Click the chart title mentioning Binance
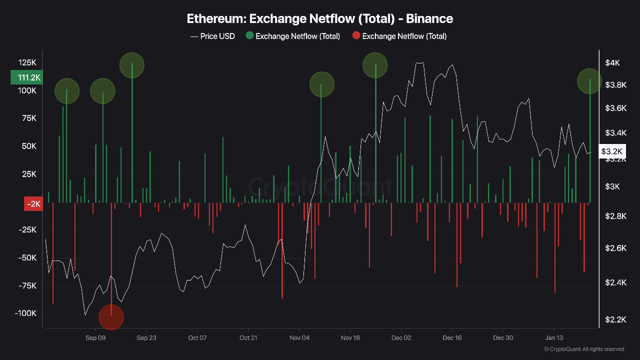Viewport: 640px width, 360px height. coord(320,19)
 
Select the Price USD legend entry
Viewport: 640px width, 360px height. coord(213,36)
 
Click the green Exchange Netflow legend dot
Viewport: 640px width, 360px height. coord(249,36)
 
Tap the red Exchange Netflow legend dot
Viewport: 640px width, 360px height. coord(356,36)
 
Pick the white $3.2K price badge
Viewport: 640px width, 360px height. coord(612,151)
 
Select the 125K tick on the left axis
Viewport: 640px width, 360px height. coord(27,63)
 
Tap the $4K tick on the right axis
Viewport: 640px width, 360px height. coord(612,63)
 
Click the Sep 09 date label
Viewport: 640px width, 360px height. coord(95,338)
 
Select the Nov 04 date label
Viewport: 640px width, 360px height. coord(299,338)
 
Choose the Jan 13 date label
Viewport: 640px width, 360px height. coord(553,338)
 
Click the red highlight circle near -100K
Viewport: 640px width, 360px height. coord(111,317)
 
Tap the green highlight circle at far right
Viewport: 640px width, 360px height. coord(590,81)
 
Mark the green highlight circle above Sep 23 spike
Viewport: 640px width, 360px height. coord(132,65)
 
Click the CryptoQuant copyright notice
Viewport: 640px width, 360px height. coord(583,349)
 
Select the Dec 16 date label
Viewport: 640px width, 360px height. coord(452,338)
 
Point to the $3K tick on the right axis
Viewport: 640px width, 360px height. coord(612,186)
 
